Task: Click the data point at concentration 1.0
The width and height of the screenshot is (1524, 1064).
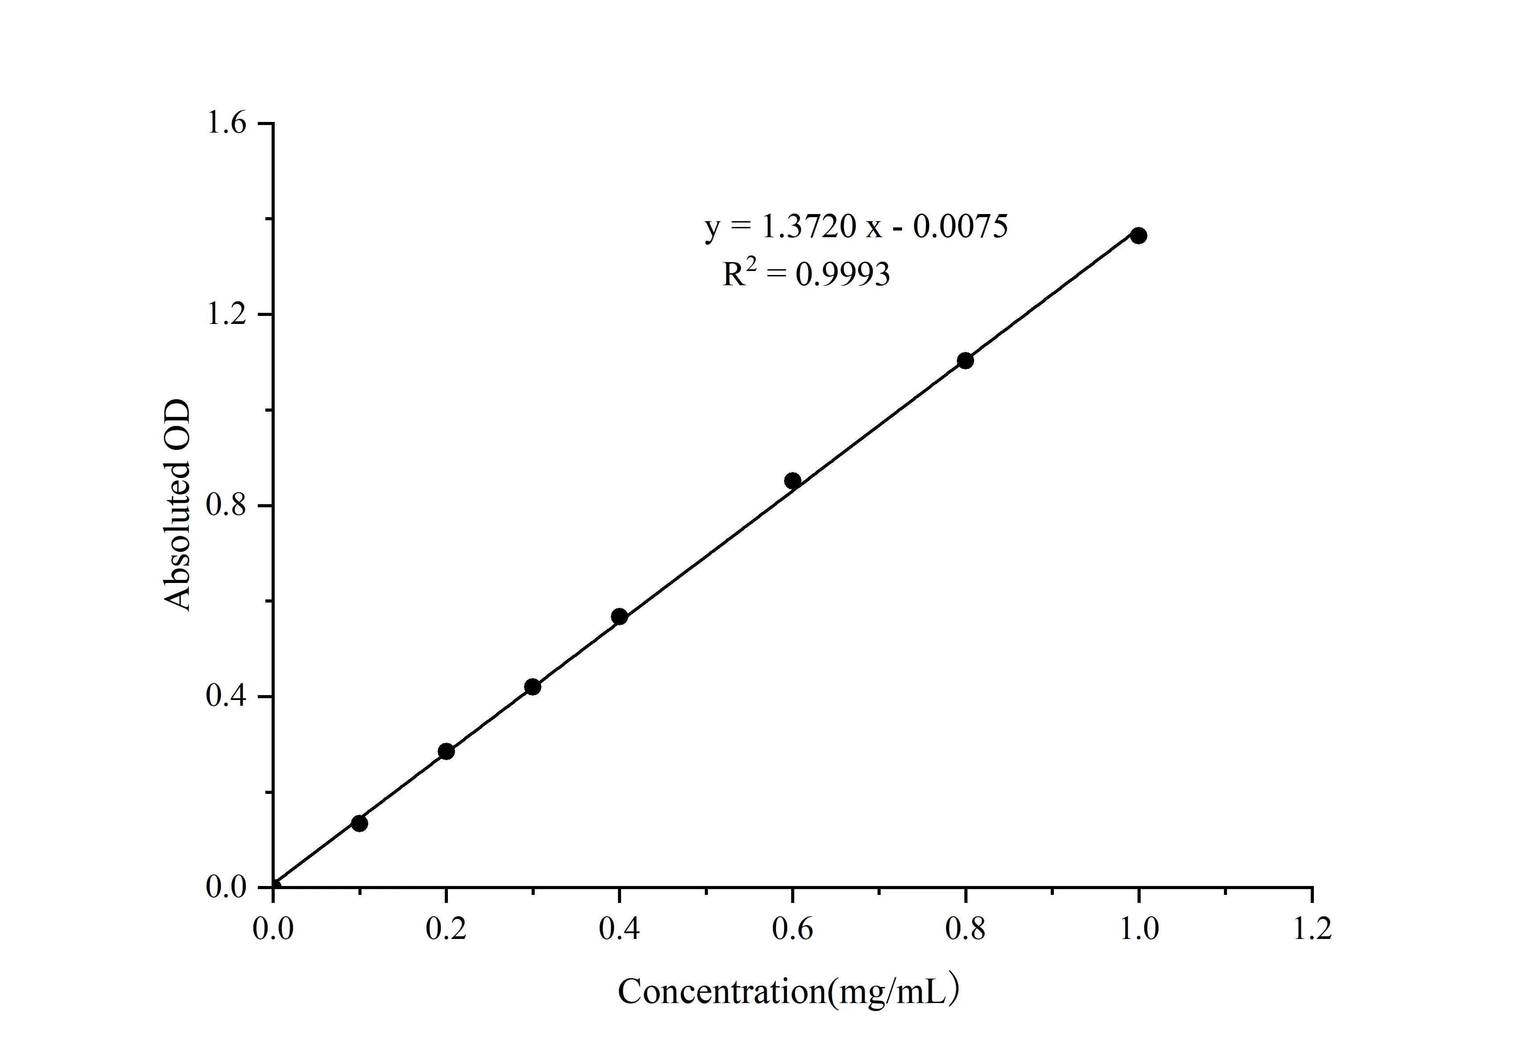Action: (1138, 235)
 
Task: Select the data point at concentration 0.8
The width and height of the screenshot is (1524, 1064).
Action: (965, 361)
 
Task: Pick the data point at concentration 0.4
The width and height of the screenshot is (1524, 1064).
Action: (619, 617)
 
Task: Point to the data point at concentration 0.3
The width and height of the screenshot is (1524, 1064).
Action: (532, 687)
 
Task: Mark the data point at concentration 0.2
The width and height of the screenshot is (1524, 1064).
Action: (446, 752)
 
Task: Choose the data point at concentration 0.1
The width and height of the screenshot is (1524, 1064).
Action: (359, 823)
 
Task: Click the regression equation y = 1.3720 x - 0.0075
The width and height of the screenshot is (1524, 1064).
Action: (856, 227)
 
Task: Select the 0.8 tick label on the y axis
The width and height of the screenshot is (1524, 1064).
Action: (226, 506)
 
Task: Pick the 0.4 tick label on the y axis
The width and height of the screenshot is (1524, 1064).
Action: (226, 696)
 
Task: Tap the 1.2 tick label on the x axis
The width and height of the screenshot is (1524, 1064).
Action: (1312, 929)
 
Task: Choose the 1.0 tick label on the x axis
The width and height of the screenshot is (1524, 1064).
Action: (1139, 929)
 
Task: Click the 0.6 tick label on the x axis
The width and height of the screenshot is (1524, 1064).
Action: (792, 929)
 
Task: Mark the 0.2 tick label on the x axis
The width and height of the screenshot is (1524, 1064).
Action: (446, 929)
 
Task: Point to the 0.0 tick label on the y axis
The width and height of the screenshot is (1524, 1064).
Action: (226, 887)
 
